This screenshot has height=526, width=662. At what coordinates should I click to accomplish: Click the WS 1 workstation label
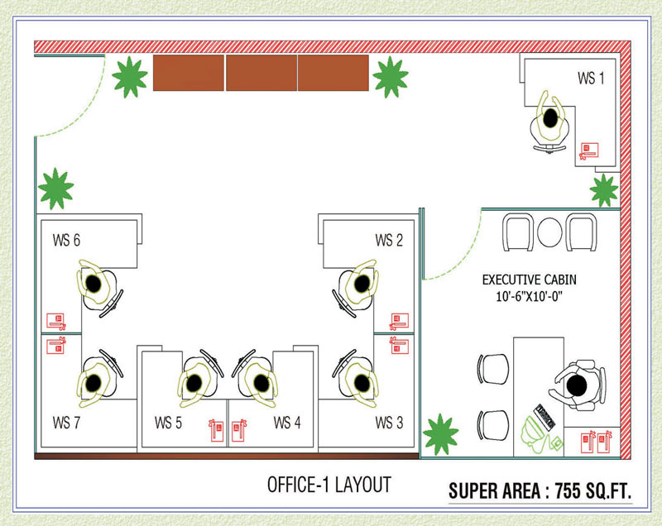click(590, 79)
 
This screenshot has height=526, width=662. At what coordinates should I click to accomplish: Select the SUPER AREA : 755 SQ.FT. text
click(540, 490)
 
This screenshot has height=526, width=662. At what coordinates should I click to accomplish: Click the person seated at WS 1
click(549, 120)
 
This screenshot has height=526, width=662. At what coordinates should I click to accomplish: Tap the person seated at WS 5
click(192, 382)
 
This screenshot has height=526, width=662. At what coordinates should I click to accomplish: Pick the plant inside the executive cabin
click(440, 433)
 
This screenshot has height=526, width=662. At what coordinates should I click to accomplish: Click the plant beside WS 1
click(604, 191)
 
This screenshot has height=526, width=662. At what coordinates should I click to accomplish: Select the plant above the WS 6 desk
click(55, 189)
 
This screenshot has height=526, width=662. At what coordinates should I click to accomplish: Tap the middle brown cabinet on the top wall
click(261, 74)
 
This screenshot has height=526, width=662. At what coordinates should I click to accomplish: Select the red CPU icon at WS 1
click(589, 150)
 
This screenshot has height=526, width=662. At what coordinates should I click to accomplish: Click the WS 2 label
click(389, 241)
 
